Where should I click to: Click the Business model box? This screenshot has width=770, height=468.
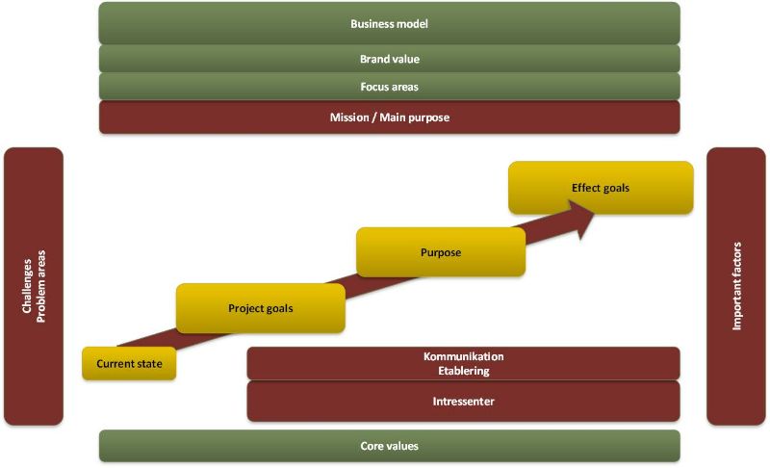point(389,23)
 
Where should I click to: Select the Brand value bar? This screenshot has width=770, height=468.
point(389,59)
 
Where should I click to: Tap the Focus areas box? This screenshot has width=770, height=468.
point(389,87)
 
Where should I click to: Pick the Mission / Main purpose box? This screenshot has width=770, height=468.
point(389,117)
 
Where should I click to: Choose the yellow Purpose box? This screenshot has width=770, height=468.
point(440,252)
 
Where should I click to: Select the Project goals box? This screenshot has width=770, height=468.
point(260,308)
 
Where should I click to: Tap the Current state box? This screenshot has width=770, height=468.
point(129,364)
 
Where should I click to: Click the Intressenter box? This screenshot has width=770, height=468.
point(463,402)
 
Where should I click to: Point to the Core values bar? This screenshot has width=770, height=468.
point(389,446)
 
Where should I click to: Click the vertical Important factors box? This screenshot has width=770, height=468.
point(736,286)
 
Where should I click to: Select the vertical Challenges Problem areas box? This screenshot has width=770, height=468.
point(34,286)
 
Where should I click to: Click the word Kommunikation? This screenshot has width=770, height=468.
point(463,356)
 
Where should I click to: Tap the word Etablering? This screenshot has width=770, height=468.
point(463,371)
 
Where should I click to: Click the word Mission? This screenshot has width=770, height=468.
point(348,117)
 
